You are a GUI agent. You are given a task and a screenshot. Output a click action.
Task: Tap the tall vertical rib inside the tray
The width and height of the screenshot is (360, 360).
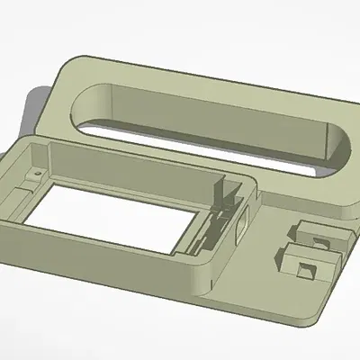tap(219, 193)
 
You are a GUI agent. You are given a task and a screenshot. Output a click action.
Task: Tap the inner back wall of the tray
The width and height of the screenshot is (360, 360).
tap(135, 162)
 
